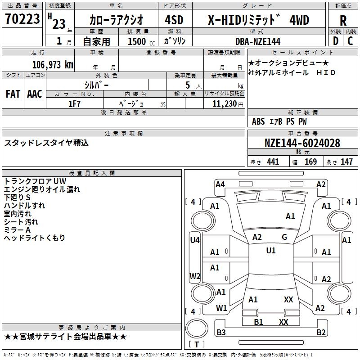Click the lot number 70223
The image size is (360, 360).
[x=22, y=20]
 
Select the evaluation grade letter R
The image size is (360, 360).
[x=343, y=20]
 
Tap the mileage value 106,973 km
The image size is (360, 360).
[x=53, y=64]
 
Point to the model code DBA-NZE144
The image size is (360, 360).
[x=258, y=41]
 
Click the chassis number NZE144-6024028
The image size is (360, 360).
[x=302, y=143]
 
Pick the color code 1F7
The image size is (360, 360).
[x=74, y=103]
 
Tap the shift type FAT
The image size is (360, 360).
[x=13, y=94]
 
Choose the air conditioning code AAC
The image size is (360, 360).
[x=35, y=94]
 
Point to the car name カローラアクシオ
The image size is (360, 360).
[x=116, y=20]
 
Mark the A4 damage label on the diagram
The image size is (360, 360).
[x=220, y=184]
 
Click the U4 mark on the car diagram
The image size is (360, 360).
[x=194, y=240]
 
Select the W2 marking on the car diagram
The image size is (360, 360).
[x=194, y=276]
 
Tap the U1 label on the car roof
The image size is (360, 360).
[x=270, y=250]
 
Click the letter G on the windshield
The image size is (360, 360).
[x=284, y=237]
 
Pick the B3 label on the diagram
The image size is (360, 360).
[x=221, y=332]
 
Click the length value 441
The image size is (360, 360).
[x=273, y=162]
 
